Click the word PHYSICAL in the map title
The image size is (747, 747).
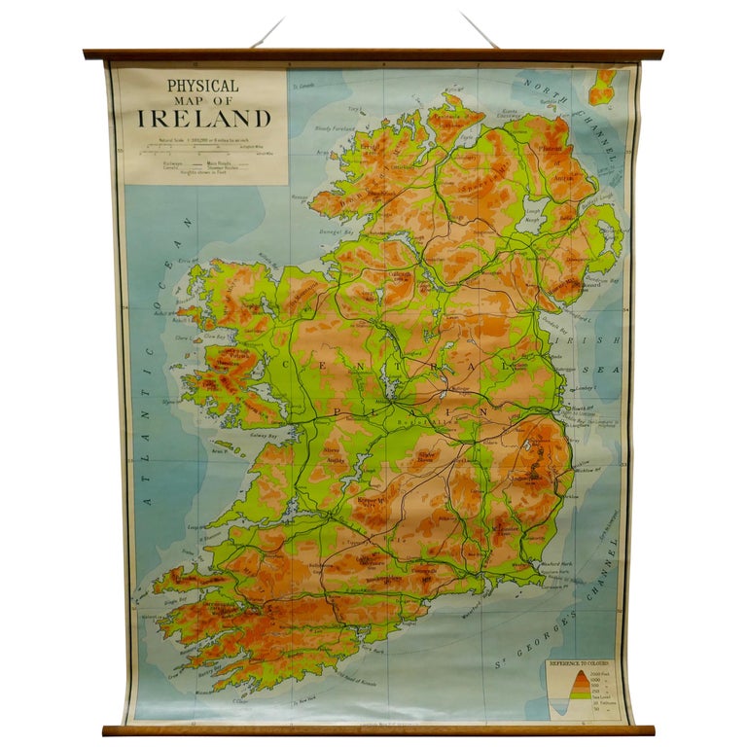click(202, 86)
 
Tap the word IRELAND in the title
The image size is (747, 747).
click(203, 119)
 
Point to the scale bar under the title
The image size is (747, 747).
click(203, 150)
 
